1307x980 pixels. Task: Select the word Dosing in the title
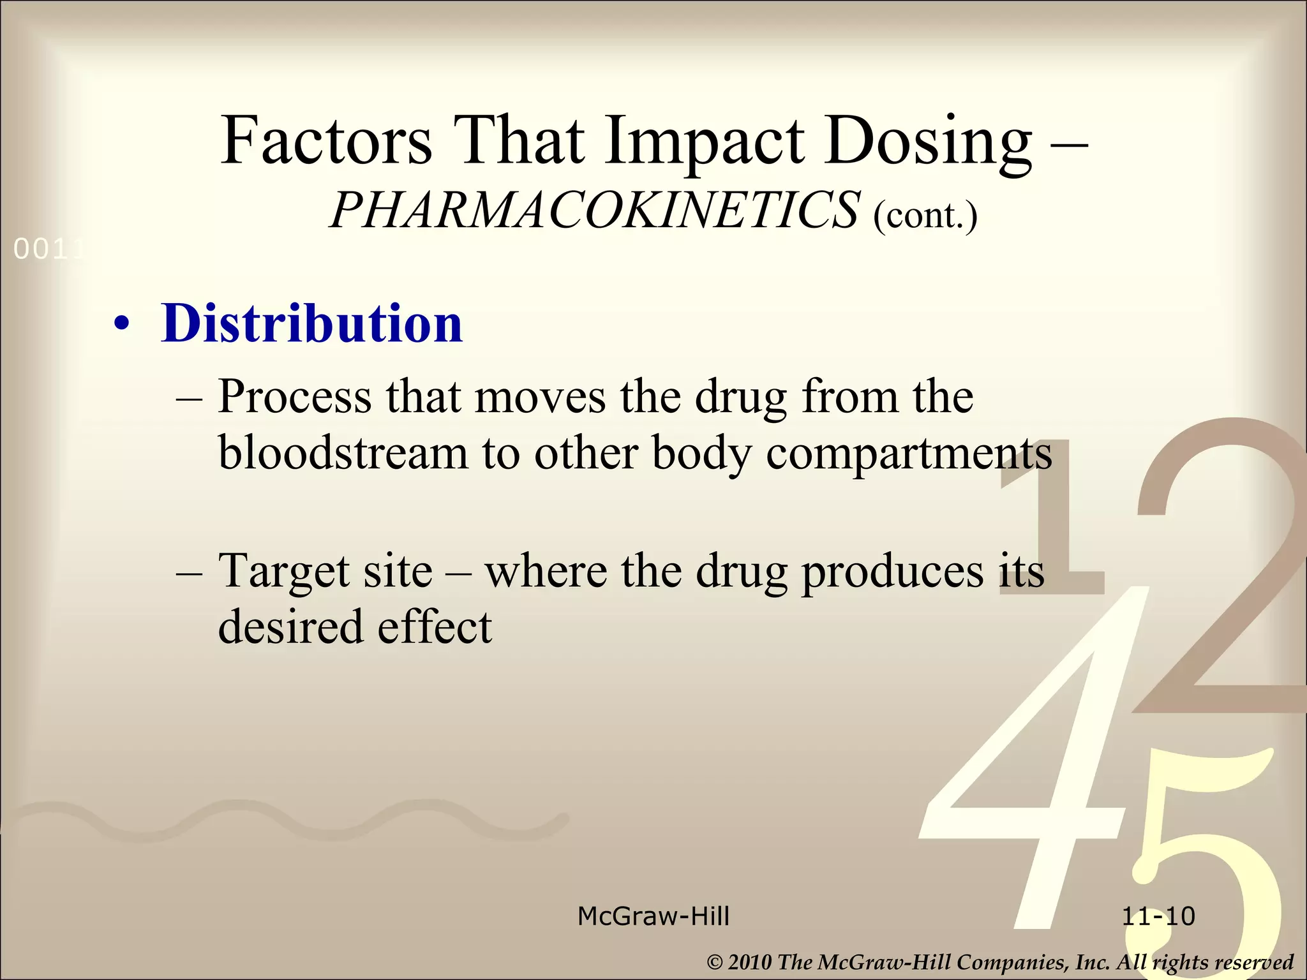(927, 141)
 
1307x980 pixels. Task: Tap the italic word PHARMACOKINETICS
(594, 211)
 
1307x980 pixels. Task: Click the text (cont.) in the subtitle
(925, 214)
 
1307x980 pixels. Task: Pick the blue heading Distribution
(311, 323)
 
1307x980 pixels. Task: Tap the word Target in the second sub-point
(283, 570)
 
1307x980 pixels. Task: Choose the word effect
(435, 626)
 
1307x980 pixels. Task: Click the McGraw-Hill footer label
(653, 917)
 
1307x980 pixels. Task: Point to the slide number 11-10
(1158, 917)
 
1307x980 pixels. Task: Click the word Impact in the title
(705, 141)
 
